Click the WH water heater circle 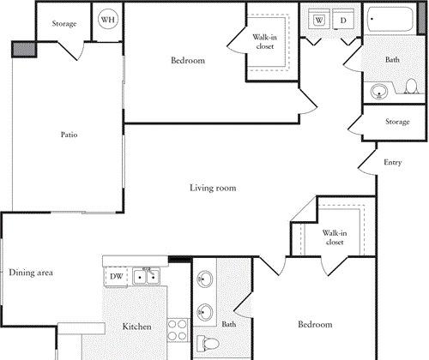pos(108,19)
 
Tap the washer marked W pos(319,19)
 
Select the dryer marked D pos(343,19)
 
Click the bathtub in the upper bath pos(390,19)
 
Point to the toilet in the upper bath pos(411,86)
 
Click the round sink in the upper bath pos(379,92)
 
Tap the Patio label pos(69,135)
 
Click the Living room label pos(213,188)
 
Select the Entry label pos(393,162)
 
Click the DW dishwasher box pos(116,276)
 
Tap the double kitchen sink pos(146,277)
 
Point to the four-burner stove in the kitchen pos(178,330)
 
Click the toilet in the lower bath pos(208,343)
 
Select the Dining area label pos(31,273)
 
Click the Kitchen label pos(137,327)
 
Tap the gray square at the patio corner pos(24,49)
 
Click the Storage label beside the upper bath pos(397,122)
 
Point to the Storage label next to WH pos(64,23)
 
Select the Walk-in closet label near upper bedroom pos(265,42)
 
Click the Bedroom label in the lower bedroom pos(315,324)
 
